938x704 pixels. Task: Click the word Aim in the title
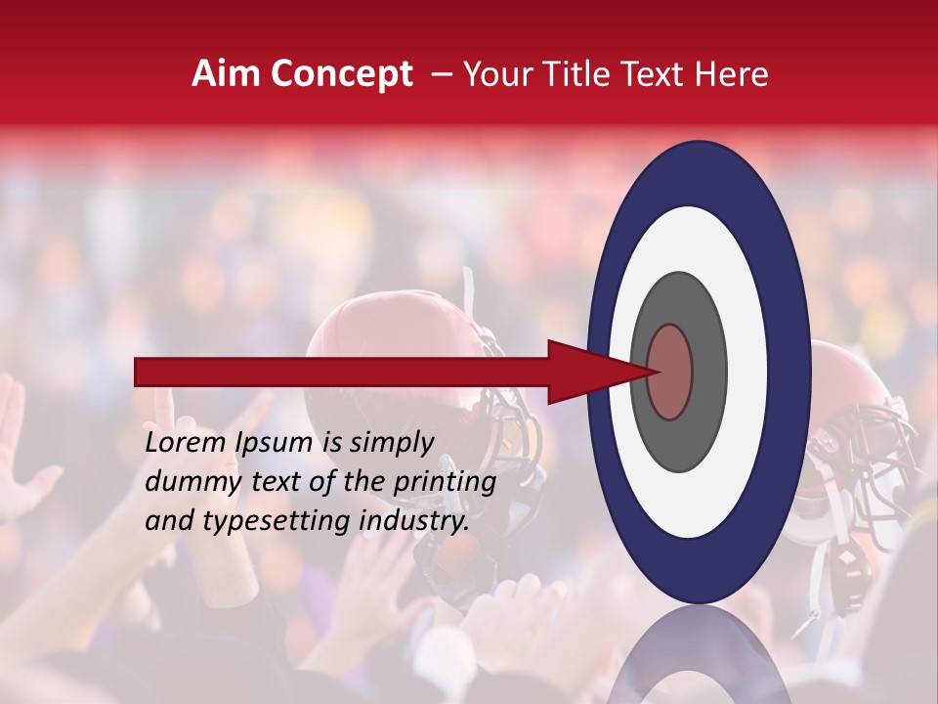click(x=227, y=74)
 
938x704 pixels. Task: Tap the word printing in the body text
click(x=446, y=482)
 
